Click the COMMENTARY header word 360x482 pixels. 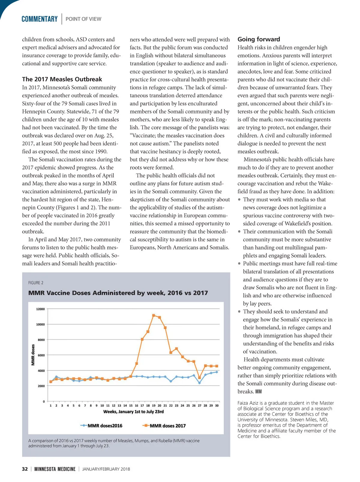point(40,19)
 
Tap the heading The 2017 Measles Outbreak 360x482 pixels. point(62,79)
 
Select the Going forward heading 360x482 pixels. point(259,39)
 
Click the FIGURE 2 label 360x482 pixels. point(36,283)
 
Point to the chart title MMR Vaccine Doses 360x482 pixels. point(118,293)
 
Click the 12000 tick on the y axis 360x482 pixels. point(40,309)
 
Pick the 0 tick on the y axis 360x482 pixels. point(43,402)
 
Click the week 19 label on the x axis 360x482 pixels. point(154,405)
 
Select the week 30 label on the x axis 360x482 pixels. point(217,405)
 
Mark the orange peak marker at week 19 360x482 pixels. point(154,315)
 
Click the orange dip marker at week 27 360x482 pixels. point(199,378)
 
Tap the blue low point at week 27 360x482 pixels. point(199,383)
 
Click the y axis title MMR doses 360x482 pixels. point(33,355)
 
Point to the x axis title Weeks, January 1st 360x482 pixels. point(133,412)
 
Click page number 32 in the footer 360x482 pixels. point(25,469)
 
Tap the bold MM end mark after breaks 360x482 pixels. point(258,392)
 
